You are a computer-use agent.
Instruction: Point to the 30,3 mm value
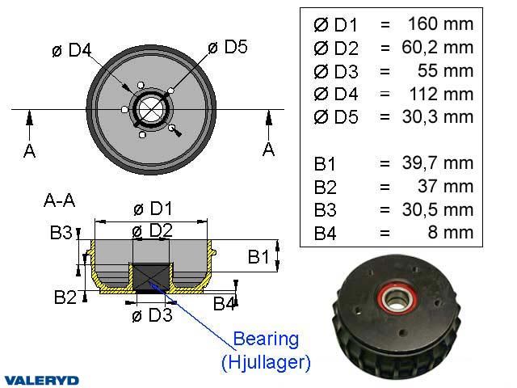(x=435, y=116)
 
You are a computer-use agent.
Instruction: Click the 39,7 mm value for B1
(x=435, y=163)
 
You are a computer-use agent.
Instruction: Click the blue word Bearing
(x=266, y=338)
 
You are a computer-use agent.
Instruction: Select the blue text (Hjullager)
(x=266, y=361)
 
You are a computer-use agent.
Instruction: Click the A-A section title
(x=60, y=199)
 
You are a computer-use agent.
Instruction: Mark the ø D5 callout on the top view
(x=228, y=47)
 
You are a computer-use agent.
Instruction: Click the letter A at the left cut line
(x=29, y=150)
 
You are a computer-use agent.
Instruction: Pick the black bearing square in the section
(x=152, y=276)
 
